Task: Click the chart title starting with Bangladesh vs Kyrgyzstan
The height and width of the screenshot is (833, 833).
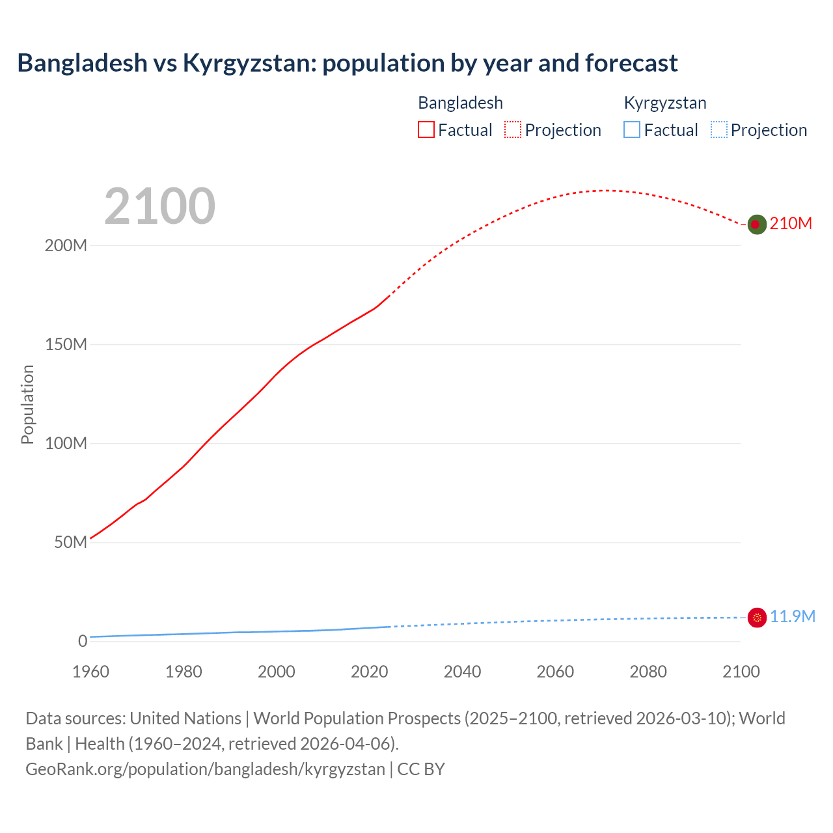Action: pyautogui.click(x=348, y=63)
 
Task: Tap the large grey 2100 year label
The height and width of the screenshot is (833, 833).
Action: pyautogui.click(x=159, y=206)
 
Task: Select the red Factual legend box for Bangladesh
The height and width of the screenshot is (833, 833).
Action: pyautogui.click(x=426, y=130)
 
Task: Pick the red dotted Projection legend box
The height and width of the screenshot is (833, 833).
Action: pyautogui.click(x=513, y=130)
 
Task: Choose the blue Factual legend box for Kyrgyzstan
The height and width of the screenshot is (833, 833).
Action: pyautogui.click(x=632, y=130)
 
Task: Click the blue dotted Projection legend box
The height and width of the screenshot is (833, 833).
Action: pyautogui.click(x=718, y=130)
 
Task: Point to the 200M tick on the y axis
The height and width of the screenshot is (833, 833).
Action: pyautogui.click(x=66, y=246)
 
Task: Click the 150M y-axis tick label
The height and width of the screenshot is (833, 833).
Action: pyautogui.click(x=66, y=345)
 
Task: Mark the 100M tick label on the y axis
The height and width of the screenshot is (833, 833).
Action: pyautogui.click(x=66, y=444)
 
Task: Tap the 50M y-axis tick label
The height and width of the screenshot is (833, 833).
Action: pyautogui.click(x=70, y=543)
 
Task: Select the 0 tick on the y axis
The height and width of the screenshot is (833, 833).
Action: pyautogui.click(x=83, y=642)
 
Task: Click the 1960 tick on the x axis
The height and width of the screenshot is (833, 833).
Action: pyautogui.click(x=90, y=672)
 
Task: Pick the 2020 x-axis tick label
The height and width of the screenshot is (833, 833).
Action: pyautogui.click(x=369, y=672)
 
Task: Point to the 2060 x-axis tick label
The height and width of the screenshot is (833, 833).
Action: pyautogui.click(x=555, y=672)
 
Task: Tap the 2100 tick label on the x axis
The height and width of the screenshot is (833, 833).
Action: pyautogui.click(x=741, y=672)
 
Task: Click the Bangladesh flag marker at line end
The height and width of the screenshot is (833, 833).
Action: pyautogui.click(x=756, y=225)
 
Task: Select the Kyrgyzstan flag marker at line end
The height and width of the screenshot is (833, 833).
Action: pyautogui.click(x=757, y=618)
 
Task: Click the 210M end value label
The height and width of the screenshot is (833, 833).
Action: pyautogui.click(x=791, y=224)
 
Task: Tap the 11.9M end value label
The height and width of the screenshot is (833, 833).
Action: pyautogui.click(x=793, y=617)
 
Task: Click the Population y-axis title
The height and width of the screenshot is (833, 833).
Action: pyautogui.click(x=27, y=404)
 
